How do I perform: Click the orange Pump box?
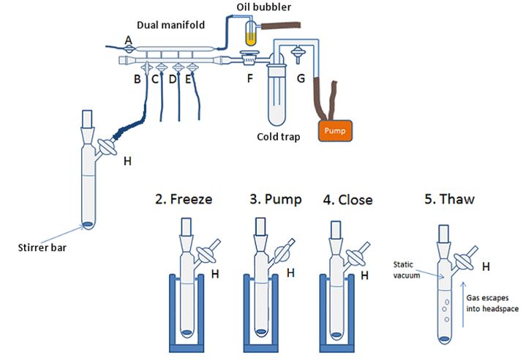[335, 131]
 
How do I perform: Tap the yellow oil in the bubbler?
[250, 40]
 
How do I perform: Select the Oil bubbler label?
[263, 7]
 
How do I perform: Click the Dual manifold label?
[170, 25]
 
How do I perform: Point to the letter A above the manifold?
[129, 40]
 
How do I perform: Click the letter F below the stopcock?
[250, 79]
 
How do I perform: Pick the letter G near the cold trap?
[301, 78]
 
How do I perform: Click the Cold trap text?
[279, 137]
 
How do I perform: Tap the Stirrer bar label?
[42, 247]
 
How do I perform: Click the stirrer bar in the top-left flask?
[88, 225]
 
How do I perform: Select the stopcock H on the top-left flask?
[107, 147]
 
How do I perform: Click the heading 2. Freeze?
[184, 199]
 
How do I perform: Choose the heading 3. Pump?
[276, 199]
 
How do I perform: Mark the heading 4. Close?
[348, 200]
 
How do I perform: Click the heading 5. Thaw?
[450, 199]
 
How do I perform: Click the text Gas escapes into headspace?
[492, 303]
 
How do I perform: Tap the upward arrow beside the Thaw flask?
[462, 304]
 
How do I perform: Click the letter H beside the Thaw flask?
[486, 266]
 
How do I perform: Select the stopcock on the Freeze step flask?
[206, 255]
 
